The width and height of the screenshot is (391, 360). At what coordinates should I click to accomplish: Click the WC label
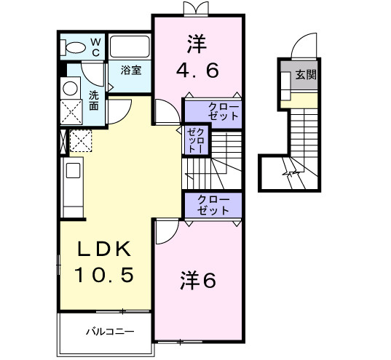click(x=95, y=47)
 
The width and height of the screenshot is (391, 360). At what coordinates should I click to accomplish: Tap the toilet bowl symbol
click(x=74, y=47)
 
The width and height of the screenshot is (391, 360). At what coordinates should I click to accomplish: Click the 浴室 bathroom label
click(x=131, y=71)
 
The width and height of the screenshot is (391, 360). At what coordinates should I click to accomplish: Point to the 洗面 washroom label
click(x=95, y=100)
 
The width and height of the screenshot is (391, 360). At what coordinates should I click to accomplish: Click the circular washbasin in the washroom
click(x=71, y=89)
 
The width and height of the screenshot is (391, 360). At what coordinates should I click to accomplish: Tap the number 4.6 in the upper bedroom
click(x=197, y=71)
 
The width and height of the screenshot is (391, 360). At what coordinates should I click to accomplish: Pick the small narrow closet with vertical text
click(x=195, y=139)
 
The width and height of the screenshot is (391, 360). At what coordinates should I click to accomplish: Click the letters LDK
click(x=106, y=249)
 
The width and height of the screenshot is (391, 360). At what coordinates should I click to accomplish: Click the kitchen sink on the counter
click(x=72, y=173)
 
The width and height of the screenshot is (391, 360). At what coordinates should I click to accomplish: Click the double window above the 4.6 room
click(x=194, y=8)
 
